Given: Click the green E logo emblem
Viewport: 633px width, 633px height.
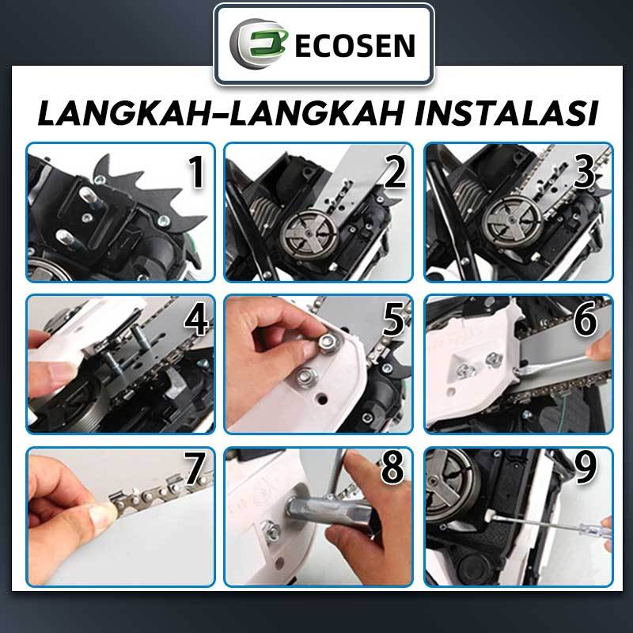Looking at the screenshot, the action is [259, 44].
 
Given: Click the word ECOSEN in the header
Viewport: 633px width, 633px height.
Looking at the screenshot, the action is [354, 45].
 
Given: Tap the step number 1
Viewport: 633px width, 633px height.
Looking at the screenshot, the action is [196, 172].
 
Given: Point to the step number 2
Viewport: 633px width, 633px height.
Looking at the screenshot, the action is [394, 172].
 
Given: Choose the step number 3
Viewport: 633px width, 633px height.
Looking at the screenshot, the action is [584, 172].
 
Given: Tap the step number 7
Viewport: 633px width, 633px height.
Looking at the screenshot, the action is [195, 468].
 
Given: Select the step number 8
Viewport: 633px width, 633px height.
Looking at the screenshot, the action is [392, 468].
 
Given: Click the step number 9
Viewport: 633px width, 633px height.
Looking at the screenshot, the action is [586, 468].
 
